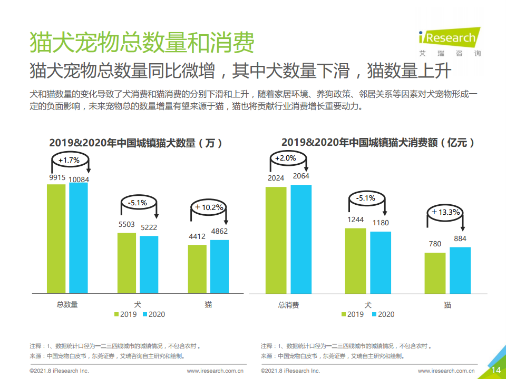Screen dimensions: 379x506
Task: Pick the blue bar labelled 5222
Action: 149,264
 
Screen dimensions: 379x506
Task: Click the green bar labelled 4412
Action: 197,268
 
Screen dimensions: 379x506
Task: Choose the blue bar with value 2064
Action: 301,239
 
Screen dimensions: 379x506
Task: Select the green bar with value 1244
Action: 355,261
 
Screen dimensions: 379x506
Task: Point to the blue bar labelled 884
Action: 460,270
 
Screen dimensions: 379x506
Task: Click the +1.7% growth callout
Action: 69,160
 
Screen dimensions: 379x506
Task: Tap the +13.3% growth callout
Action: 445,213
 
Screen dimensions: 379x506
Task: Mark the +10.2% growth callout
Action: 209,207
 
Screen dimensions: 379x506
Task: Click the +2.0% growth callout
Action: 285,158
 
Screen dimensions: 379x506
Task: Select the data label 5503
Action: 126,224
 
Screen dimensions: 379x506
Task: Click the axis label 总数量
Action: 67,304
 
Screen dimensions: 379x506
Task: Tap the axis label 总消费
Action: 288,305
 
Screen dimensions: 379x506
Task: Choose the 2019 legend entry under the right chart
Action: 352,314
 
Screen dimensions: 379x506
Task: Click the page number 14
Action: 495,370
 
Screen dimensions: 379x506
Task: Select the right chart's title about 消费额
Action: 378,142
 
